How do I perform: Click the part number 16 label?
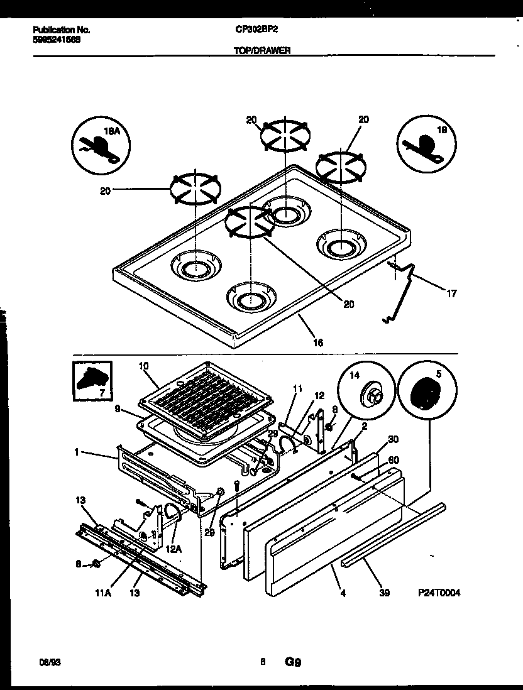click(318, 342)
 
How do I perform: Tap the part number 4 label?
click(343, 592)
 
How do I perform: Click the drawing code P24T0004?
click(439, 593)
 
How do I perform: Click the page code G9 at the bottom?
click(294, 662)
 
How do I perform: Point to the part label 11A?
click(101, 592)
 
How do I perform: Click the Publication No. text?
click(60, 30)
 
